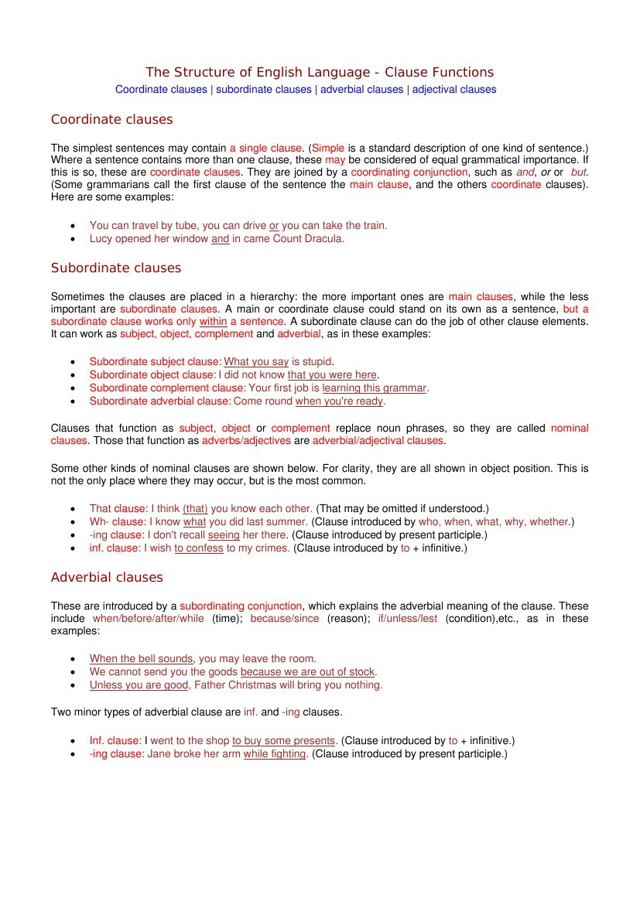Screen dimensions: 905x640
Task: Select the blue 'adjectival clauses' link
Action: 454,89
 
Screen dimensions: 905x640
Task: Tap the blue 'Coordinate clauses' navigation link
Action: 161,89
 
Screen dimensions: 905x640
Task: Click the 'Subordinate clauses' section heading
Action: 115,268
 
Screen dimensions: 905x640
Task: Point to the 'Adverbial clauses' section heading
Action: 107,577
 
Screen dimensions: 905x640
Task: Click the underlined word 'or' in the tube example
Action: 274,225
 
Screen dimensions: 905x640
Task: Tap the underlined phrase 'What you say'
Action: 256,361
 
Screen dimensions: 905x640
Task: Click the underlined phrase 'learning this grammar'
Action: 375,388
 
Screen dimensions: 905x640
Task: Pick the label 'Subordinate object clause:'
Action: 152,374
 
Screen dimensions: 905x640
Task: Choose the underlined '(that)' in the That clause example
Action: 195,508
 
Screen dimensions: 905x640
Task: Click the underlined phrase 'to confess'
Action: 199,548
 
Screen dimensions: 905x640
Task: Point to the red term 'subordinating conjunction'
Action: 241,606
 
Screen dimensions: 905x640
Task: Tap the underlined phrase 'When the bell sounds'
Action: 141,659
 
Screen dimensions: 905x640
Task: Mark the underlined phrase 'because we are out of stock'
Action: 307,672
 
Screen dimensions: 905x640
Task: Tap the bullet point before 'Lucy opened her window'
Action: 73,240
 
